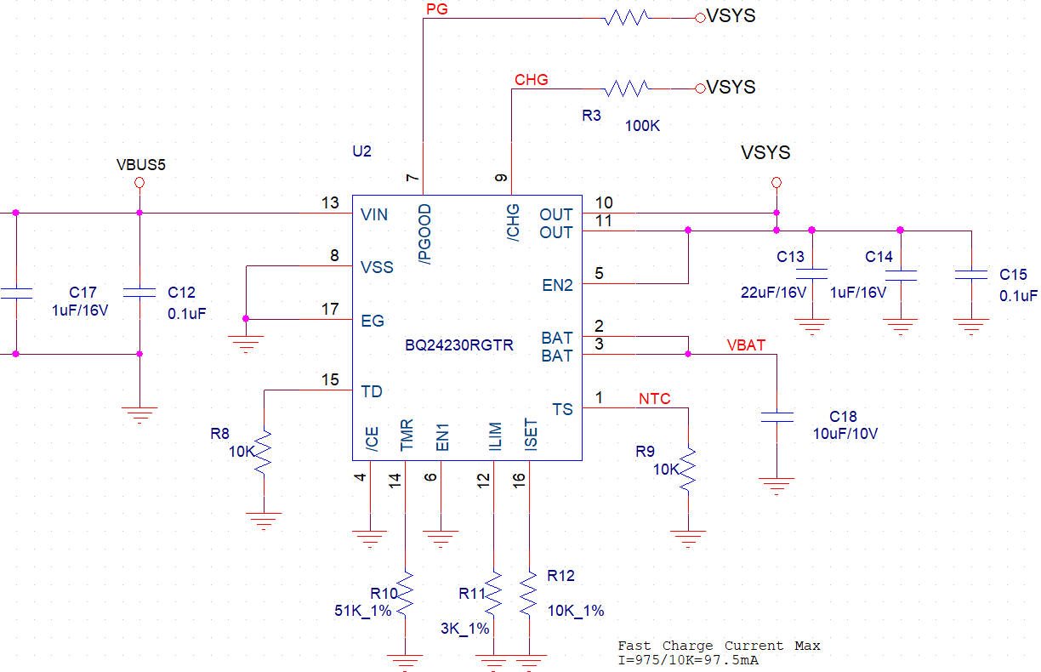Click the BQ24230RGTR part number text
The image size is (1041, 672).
(x=459, y=345)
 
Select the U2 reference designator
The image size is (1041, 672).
(x=362, y=151)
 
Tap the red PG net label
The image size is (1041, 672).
(x=437, y=9)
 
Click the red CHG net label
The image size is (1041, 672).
(x=532, y=80)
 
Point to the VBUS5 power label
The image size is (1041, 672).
(x=141, y=164)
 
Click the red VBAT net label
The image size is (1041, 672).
(x=746, y=345)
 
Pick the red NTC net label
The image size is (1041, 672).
(x=654, y=399)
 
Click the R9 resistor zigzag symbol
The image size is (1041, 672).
(x=688, y=470)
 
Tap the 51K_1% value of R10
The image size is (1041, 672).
(x=363, y=611)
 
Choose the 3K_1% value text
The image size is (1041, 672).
(x=464, y=629)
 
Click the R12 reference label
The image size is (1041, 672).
(x=561, y=576)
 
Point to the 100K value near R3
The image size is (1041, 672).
(x=642, y=126)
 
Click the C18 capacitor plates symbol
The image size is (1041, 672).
(x=776, y=417)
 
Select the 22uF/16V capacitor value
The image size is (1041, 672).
(x=773, y=293)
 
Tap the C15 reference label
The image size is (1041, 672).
(x=1013, y=275)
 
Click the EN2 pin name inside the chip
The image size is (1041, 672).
(x=558, y=285)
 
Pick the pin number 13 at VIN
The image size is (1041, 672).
(x=330, y=202)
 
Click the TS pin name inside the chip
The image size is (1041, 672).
(x=562, y=409)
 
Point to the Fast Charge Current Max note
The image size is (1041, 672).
(x=719, y=646)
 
